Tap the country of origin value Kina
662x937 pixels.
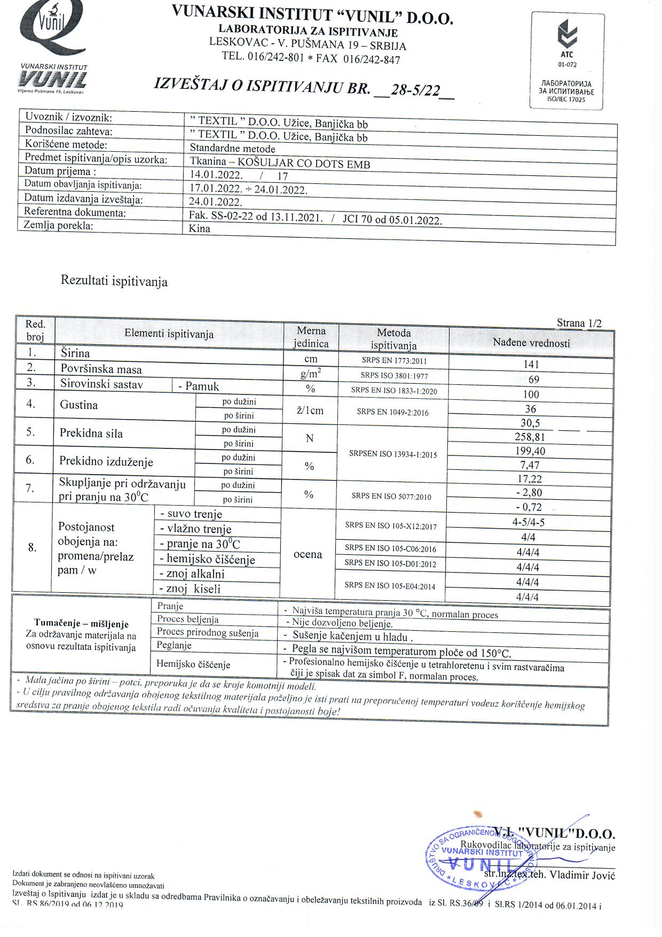[200, 229]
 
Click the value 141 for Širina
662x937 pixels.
[531, 365]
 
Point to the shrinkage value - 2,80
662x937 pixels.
[529, 493]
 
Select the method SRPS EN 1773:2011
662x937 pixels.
[394, 360]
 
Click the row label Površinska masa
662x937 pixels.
[101, 369]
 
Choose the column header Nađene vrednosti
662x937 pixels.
[531, 343]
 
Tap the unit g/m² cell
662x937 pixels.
[311, 374]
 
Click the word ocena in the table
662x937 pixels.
[308, 554]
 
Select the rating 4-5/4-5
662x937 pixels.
[528, 523]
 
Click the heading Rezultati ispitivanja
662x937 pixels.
[114, 281]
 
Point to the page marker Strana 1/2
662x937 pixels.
[579, 323]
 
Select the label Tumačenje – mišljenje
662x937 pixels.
[81, 624]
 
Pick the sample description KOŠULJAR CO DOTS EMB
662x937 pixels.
[304, 164]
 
